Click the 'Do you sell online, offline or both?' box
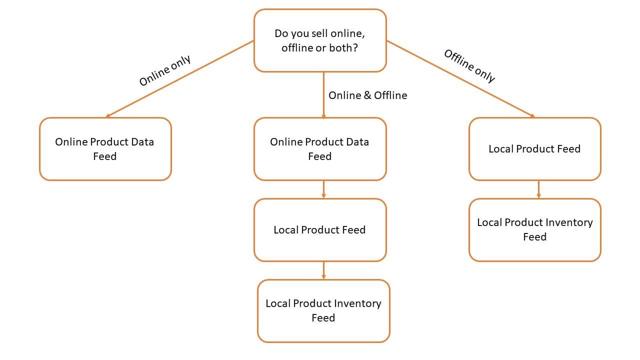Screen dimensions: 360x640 (x=320, y=41)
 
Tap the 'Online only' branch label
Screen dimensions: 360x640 (x=164, y=70)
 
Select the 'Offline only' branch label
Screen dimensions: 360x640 (x=469, y=65)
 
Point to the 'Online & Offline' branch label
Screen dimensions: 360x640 (x=367, y=95)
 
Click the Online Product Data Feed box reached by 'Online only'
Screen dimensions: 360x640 (x=105, y=149)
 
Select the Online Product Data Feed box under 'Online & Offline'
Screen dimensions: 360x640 (x=320, y=149)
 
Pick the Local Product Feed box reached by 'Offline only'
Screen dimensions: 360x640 (x=534, y=149)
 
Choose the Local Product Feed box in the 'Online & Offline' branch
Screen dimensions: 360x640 (x=320, y=230)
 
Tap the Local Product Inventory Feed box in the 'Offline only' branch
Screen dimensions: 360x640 (x=534, y=229)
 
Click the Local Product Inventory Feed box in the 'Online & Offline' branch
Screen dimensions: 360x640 (x=323, y=310)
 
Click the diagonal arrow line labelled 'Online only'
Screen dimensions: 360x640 (x=180, y=79)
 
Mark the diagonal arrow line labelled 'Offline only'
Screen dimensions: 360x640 (x=460, y=79)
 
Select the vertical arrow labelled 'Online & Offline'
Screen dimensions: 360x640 (x=323, y=95)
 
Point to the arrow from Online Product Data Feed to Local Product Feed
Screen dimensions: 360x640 (x=323, y=189)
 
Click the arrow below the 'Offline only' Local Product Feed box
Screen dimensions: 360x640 (x=538, y=189)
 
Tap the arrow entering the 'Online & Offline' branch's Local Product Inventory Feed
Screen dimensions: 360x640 (x=323, y=270)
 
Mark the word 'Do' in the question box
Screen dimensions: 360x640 (x=281, y=33)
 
